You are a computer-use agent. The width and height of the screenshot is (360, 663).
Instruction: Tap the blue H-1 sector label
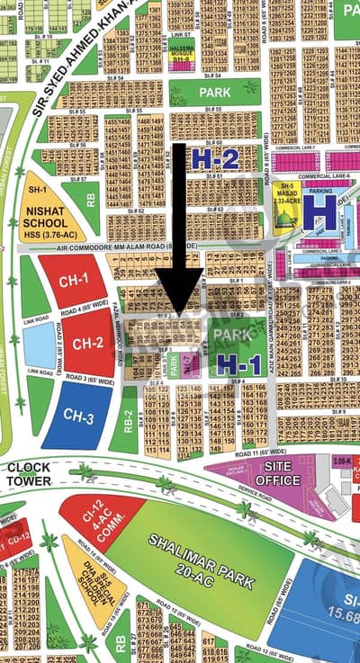[238, 363]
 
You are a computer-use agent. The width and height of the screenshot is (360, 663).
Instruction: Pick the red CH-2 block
[87, 342]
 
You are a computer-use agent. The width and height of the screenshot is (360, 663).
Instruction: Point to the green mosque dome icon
[287, 221]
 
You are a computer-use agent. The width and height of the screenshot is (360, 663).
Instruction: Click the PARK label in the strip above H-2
[215, 93]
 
